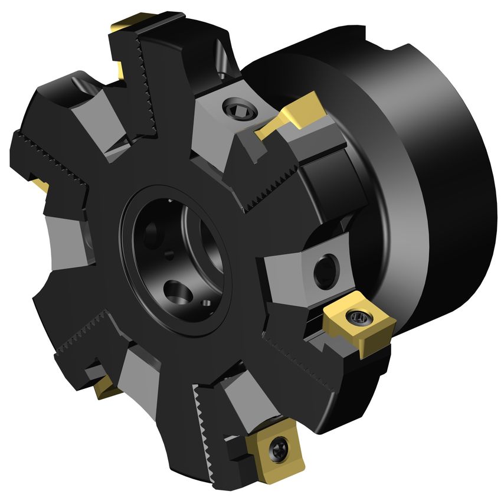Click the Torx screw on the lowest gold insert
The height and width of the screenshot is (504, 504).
[277, 450]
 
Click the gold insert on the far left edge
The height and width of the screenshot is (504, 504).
[38, 184]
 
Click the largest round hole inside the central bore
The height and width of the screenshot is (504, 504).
[176, 290]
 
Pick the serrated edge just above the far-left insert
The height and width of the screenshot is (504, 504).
[50, 148]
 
